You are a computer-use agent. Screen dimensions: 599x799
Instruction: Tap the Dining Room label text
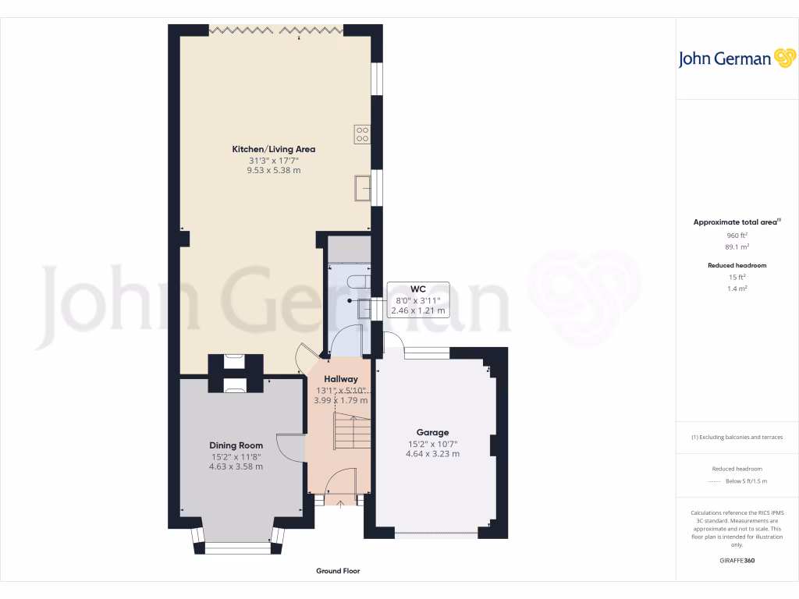pyautogui.click(x=236, y=445)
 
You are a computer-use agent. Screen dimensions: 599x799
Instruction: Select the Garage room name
pyautogui.click(x=432, y=432)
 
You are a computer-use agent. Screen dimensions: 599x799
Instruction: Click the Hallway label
pyautogui.click(x=340, y=379)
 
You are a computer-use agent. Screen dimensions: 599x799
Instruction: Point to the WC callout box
pyautogui.click(x=417, y=299)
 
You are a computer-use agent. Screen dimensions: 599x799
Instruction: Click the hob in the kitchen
pyautogui.click(x=363, y=134)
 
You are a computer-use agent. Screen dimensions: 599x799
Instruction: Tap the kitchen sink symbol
pyautogui.click(x=362, y=189)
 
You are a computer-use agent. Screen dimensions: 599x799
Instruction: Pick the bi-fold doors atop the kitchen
pyautogui.click(x=276, y=30)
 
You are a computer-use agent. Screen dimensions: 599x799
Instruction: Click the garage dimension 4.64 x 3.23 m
pyautogui.click(x=432, y=453)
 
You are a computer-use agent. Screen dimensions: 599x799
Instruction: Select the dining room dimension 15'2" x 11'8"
pyautogui.click(x=236, y=456)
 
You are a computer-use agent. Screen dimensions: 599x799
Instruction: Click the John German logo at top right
pyautogui.click(x=736, y=58)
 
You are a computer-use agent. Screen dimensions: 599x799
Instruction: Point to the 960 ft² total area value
pyautogui.click(x=737, y=235)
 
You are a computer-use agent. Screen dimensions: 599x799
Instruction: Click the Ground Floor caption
pyautogui.click(x=338, y=571)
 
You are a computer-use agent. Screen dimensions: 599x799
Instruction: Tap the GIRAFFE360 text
pyautogui.click(x=737, y=561)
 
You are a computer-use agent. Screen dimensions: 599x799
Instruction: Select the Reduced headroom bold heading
pyautogui.click(x=737, y=265)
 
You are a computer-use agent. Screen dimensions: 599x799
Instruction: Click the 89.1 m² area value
pyautogui.click(x=737, y=246)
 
